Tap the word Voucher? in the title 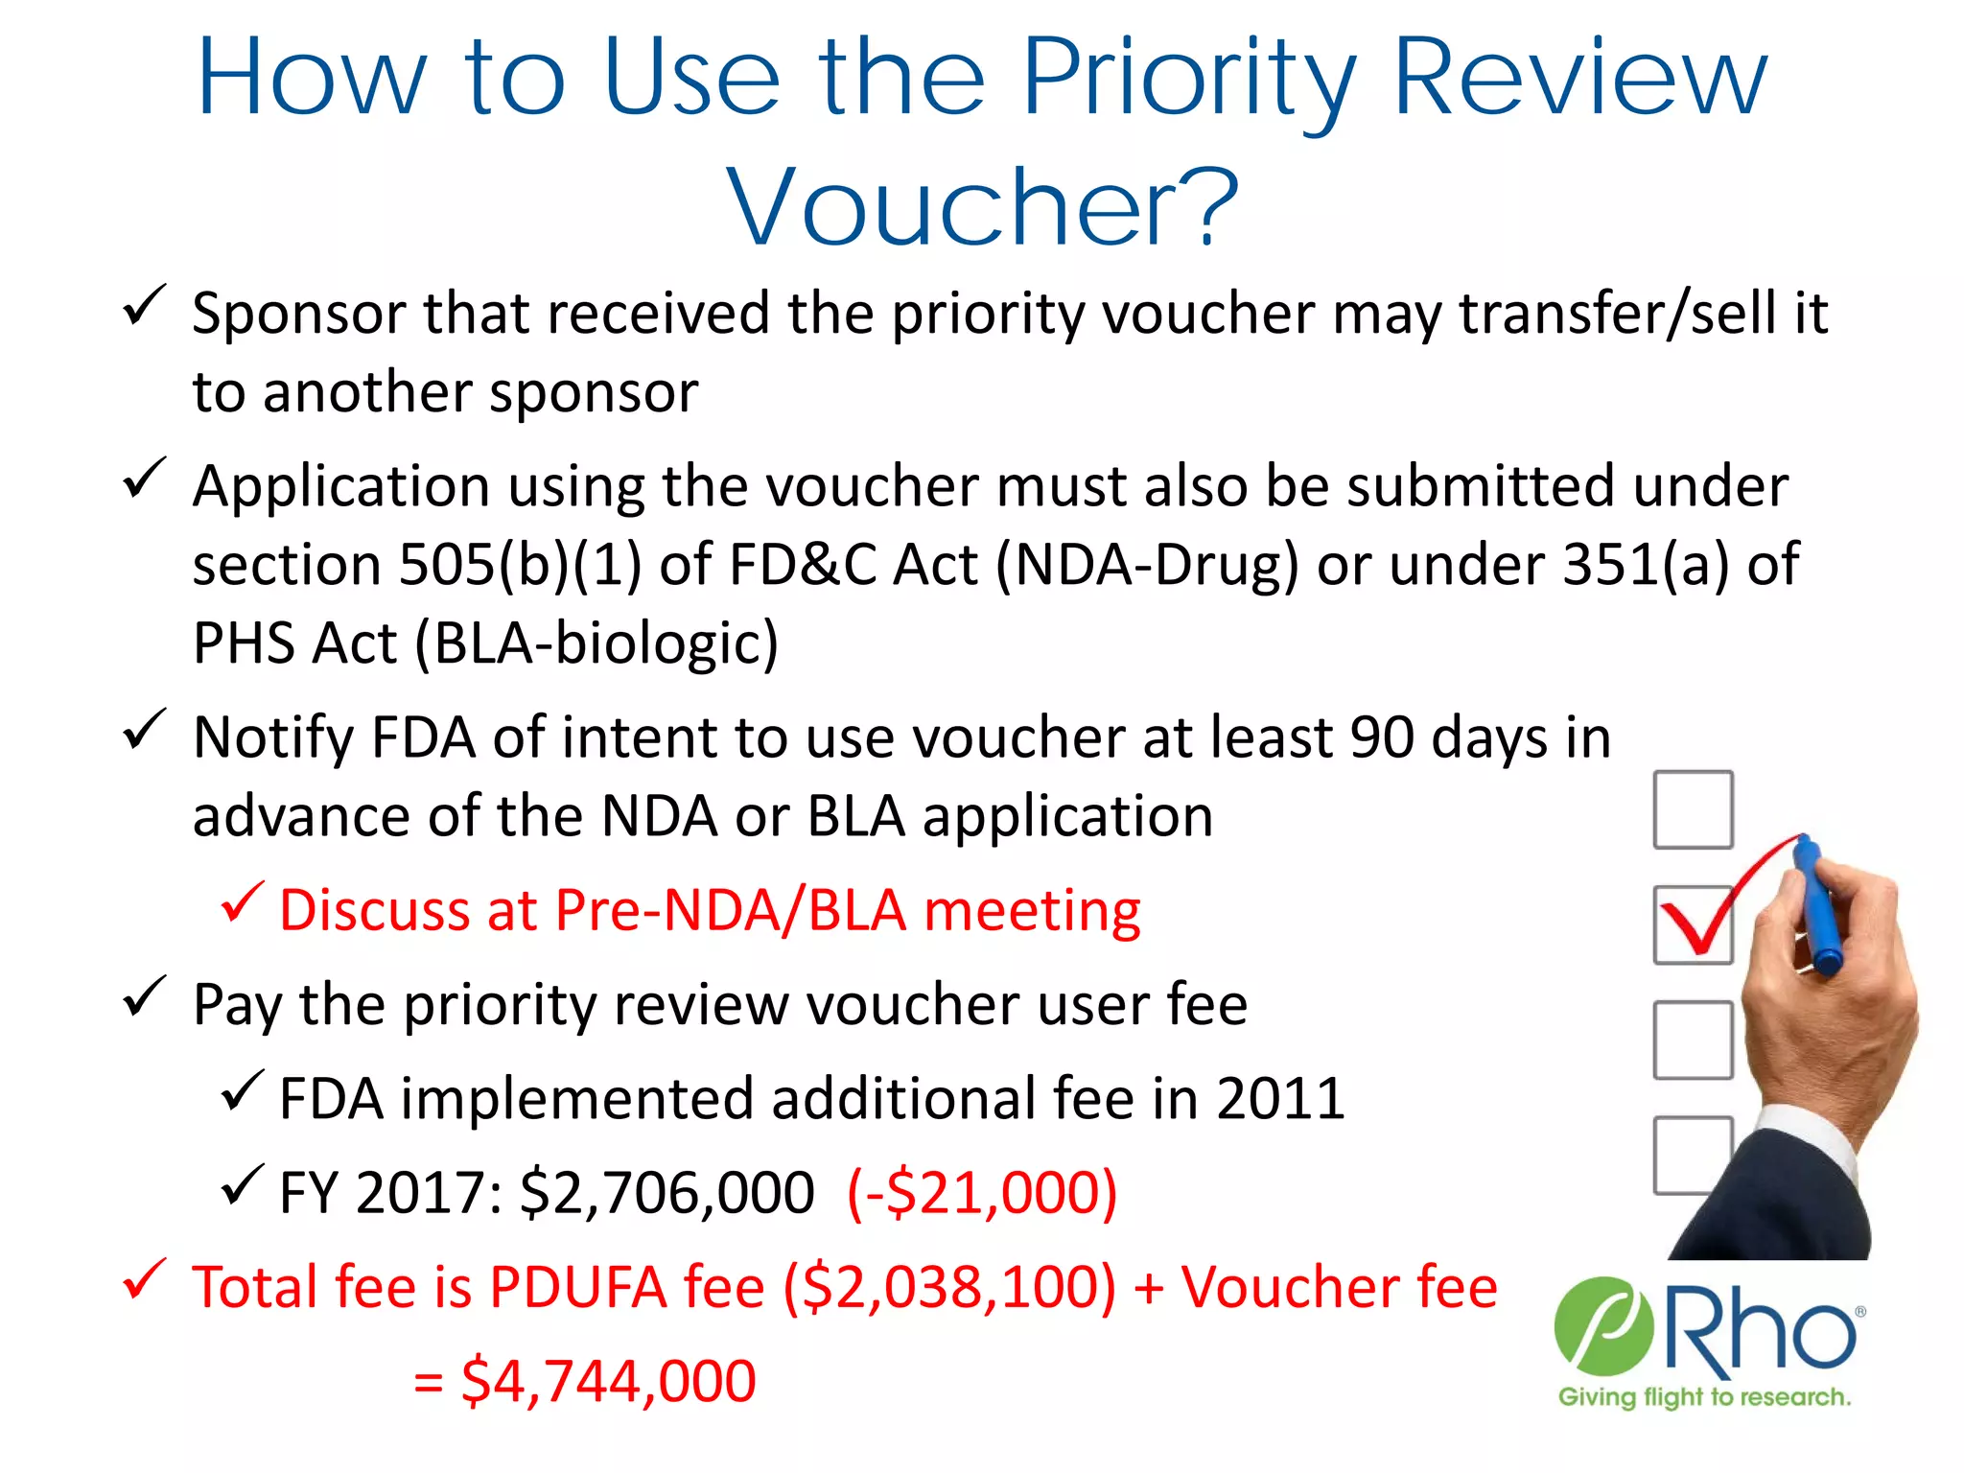click(982, 207)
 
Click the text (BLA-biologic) click(596, 643)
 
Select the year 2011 click(1280, 1099)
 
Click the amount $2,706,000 click(667, 1193)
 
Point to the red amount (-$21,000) click(982, 1193)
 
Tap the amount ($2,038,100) click(949, 1287)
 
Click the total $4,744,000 click(608, 1381)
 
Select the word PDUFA click(577, 1287)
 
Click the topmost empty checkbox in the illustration click(1693, 810)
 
